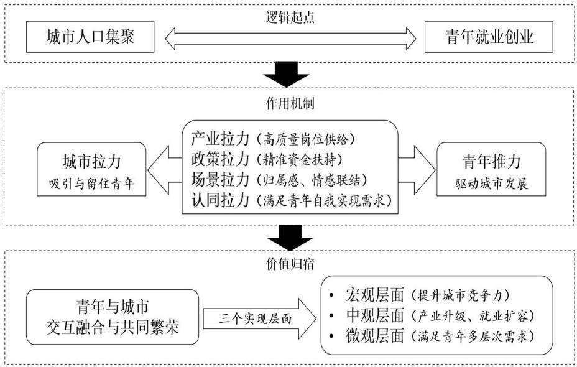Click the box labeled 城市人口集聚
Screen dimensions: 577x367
tap(90, 37)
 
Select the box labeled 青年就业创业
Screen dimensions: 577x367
tap(489, 37)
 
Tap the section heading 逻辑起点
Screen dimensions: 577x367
tap(290, 17)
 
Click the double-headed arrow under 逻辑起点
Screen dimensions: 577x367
tap(290, 39)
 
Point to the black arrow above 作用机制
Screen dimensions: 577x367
tap(286, 75)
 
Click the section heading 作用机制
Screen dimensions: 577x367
tap(290, 103)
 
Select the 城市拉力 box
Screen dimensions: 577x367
tap(91, 169)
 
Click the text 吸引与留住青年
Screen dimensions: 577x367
tap(91, 183)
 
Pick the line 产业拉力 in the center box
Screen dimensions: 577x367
tap(273, 139)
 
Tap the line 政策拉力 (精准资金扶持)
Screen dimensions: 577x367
tap(267, 159)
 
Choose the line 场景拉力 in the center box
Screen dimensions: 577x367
tap(279, 180)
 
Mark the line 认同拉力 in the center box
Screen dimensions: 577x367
tap(292, 200)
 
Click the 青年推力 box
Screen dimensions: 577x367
tap(491, 169)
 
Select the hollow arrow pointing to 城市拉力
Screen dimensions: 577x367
tap(165, 170)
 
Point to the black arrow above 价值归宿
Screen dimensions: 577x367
tap(290, 238)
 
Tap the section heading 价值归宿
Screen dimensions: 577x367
tap(290, 264)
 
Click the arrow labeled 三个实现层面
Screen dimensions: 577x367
tap(259, 318)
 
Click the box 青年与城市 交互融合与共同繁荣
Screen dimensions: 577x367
tap(113, 317)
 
